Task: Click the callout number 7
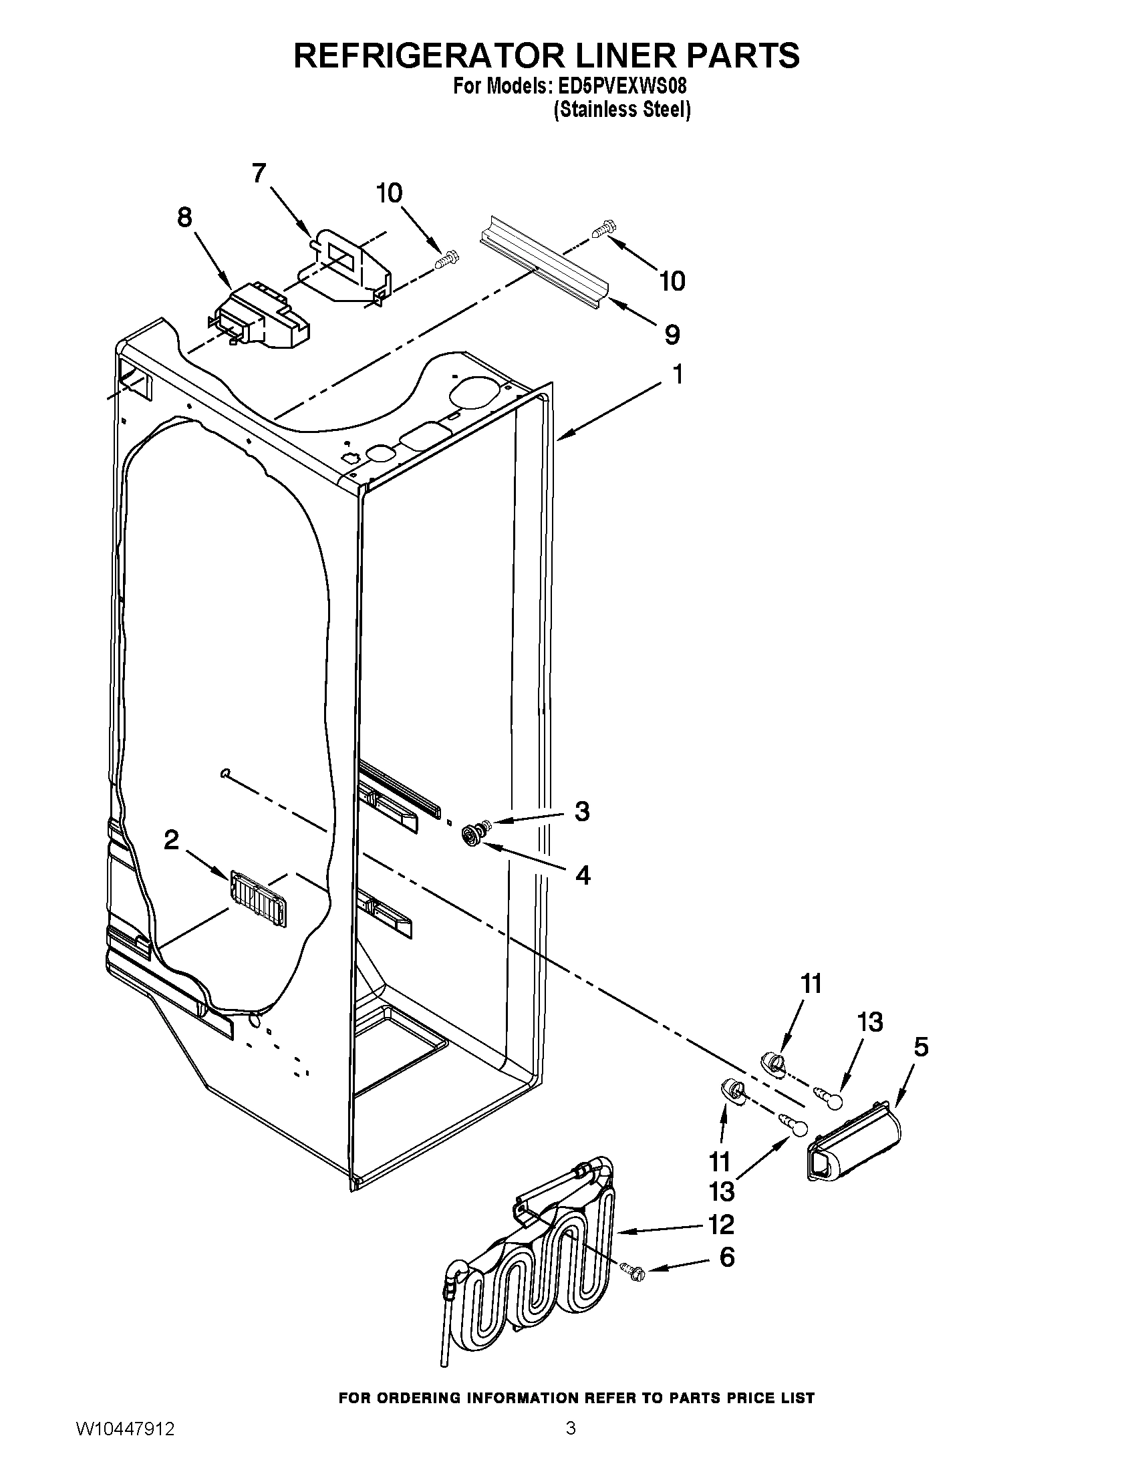click(259, 174)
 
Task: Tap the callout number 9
click(671, 335)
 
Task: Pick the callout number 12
click(721, 1224)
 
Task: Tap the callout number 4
click(583, 875)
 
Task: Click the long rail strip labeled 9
click(545, 267)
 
